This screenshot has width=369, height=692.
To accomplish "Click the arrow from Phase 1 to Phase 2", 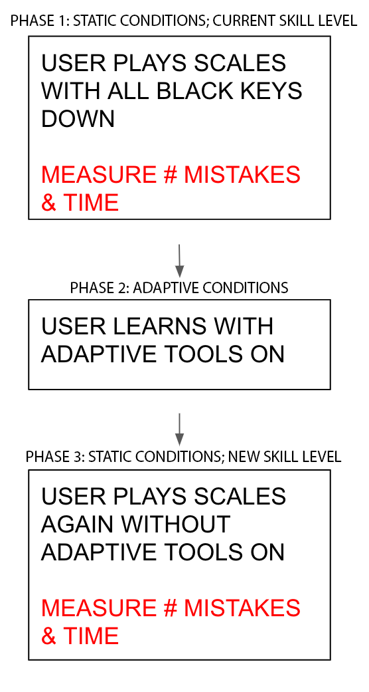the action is (179, 261).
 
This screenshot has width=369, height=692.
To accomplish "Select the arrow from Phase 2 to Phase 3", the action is (179, 429).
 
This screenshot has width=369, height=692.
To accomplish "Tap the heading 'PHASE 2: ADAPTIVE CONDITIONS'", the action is (179, 288).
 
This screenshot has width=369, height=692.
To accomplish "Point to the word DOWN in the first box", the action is (78, 118).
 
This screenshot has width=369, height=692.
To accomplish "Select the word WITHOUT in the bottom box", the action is (176, 524).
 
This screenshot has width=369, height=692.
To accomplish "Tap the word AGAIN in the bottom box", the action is (79, 524).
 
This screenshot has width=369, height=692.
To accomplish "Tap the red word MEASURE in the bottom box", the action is (99, 608).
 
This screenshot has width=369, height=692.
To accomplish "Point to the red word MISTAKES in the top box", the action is (242, 175).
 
